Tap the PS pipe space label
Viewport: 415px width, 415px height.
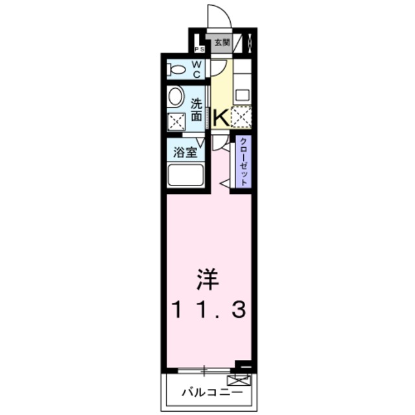pyautogui.click(x=198, y=49)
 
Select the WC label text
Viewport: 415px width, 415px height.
pyautogui.click(x=197, y=68)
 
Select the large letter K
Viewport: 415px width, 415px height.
pyautogui.click(x=220, y=117)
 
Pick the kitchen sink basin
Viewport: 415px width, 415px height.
pyautogui.click(x=242, y=95)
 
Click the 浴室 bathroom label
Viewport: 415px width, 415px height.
pyautogui.click(x=184, y=153)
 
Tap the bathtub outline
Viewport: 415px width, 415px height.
pyautogui.click(x=186, y=176)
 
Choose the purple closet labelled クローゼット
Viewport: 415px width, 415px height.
pyautogui.click(x=243, y=162)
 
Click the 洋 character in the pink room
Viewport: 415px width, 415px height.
pyautogui.click(x=209, y=280)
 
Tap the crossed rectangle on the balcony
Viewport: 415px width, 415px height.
pyautogui.click(x=239, y=381)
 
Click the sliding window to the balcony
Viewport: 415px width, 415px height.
pyautogui.click(x=204, y=370)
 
